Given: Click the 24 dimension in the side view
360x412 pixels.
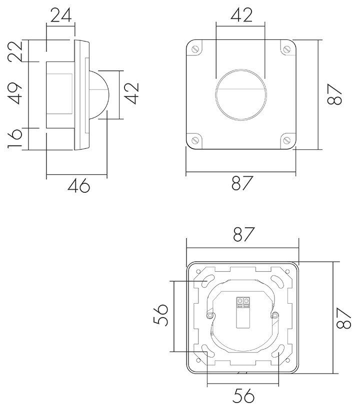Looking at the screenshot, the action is tap(61, 15).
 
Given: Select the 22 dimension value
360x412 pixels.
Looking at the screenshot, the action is tap(15, 51).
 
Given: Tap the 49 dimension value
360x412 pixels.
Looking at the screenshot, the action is tap(14, 93).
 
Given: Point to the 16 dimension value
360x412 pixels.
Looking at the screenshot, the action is tap(14, 138).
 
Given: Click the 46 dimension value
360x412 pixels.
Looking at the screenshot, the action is tap(78, 185).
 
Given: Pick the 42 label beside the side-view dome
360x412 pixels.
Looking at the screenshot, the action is tap(131, 93).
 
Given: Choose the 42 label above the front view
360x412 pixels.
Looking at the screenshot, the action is tap(241, 15).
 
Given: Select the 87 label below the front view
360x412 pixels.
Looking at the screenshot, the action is tap(242, 183).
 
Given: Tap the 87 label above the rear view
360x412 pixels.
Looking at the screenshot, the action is tap(244, 234).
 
